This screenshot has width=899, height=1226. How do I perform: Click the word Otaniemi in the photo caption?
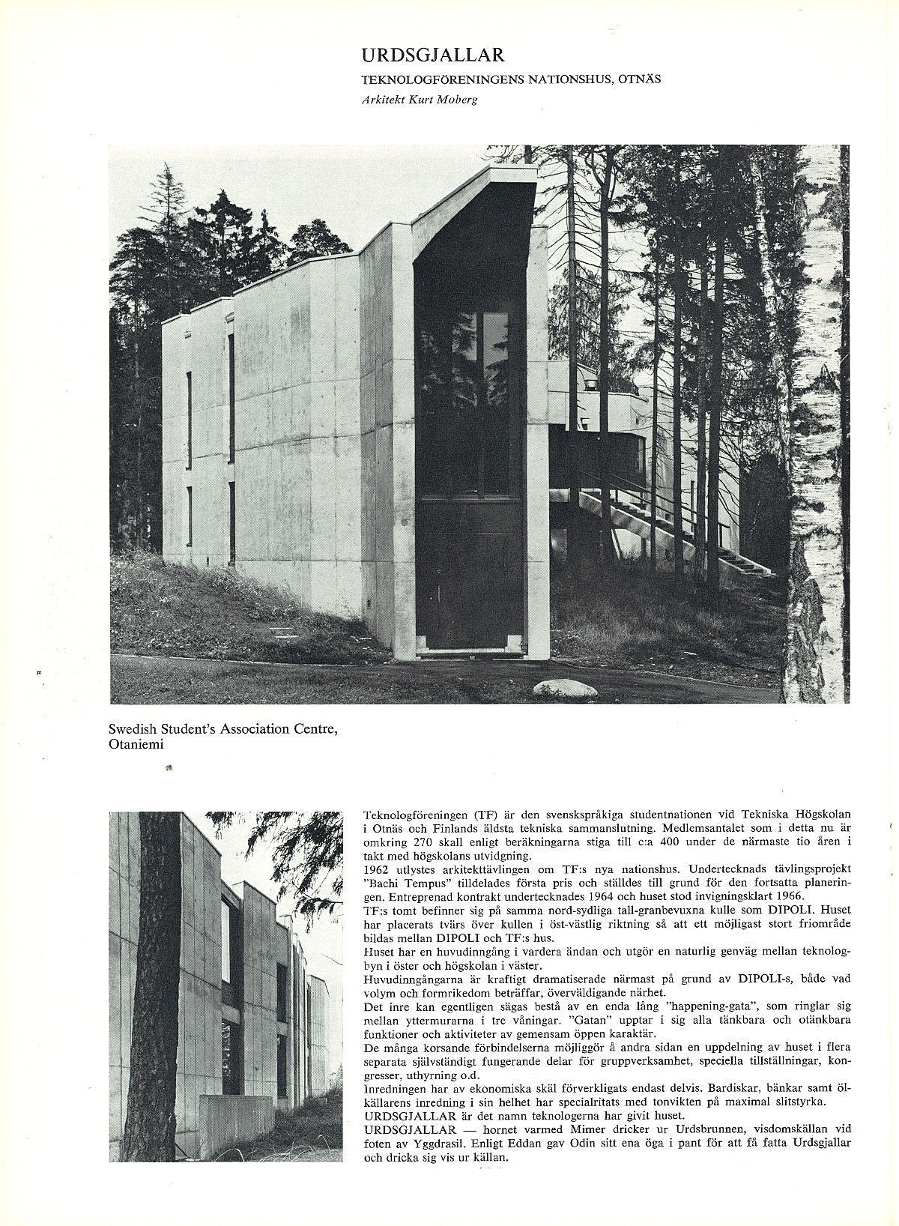(x=136, y=744)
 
